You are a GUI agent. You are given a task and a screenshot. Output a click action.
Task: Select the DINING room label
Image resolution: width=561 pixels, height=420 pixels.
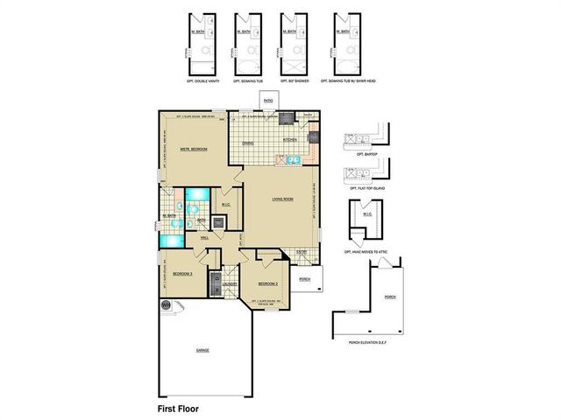248,143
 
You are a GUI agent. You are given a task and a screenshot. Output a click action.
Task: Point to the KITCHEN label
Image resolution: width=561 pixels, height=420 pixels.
290,139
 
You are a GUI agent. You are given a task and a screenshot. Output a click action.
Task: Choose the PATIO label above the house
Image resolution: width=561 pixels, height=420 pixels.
268,101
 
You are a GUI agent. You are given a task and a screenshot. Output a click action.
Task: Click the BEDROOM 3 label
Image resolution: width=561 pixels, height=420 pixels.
182,274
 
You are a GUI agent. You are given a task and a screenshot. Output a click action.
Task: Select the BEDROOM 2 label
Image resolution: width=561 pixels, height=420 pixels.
267,284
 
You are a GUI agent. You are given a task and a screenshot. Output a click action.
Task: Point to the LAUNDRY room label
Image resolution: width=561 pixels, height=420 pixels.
231,283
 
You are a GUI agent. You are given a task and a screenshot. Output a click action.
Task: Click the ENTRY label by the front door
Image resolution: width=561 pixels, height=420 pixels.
301,252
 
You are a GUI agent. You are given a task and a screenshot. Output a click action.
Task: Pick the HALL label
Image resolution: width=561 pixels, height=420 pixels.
205,237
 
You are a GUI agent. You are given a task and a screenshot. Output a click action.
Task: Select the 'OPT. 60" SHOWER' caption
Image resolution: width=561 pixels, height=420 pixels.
295,80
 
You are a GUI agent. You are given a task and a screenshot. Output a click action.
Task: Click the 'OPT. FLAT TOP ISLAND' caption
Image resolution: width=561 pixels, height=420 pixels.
366,188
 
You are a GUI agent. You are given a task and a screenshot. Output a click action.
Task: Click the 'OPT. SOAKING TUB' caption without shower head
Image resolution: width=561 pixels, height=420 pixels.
250,80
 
